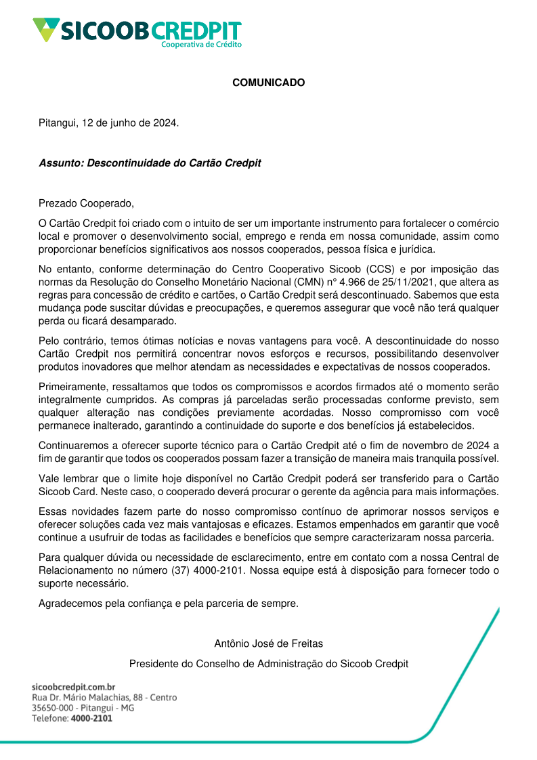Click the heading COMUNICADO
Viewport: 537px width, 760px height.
(x=268, y=83)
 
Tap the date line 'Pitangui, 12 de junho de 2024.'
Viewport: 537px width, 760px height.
(x=109, y=123)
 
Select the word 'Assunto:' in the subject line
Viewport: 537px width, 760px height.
(x=62, y=163)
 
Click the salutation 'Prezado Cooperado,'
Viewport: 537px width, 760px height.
(x=82, y=203)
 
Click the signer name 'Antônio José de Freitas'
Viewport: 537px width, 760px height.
(x=268, y=643)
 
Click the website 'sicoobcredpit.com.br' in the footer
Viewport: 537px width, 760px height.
(x=74, y=687)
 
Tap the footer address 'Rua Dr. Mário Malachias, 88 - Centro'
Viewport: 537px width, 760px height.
(x=104, y=697)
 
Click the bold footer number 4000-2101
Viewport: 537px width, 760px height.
(x=91, y=719)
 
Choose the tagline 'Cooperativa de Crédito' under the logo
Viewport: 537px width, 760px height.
(x=200, y=44)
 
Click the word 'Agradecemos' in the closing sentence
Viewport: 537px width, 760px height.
(x=70, y=603)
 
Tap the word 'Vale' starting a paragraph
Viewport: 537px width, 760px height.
(x=49, y=478)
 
